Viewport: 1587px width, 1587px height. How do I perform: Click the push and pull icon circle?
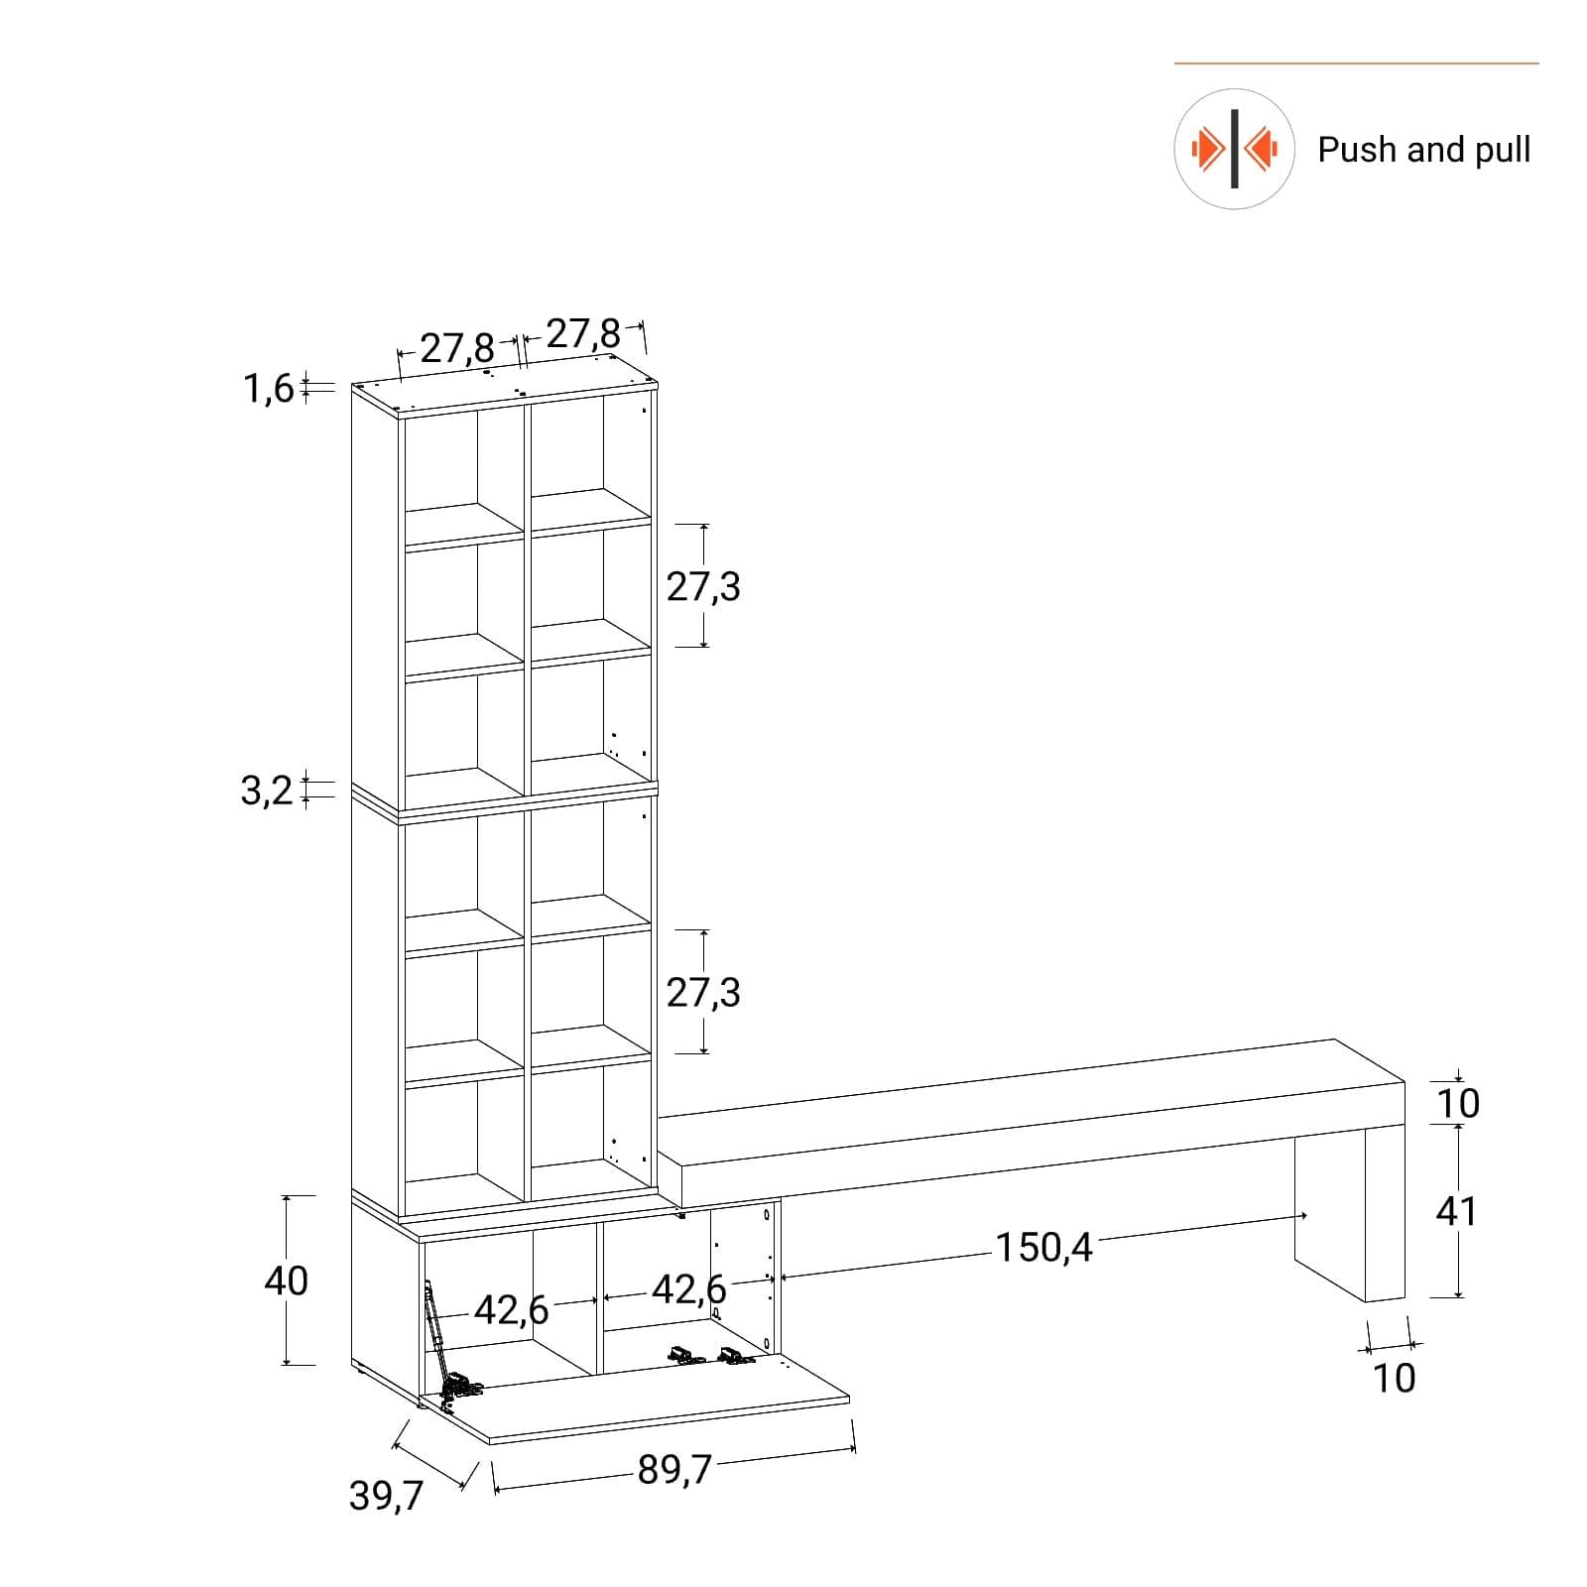[1234, 149]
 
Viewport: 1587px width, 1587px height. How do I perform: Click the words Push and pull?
[1423, 150]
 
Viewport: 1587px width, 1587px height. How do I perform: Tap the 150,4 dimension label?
[1043, 1248]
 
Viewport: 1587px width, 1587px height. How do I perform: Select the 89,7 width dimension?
[674, 1470]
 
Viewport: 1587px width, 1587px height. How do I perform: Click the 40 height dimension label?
[286, 1281]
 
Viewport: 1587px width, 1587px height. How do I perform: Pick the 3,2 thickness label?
[267, 792]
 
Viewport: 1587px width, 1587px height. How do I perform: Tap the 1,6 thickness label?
[268, 389]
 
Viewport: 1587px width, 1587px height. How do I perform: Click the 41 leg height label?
[1456, 1211]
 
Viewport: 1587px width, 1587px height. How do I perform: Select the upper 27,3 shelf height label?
[703, 587]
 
